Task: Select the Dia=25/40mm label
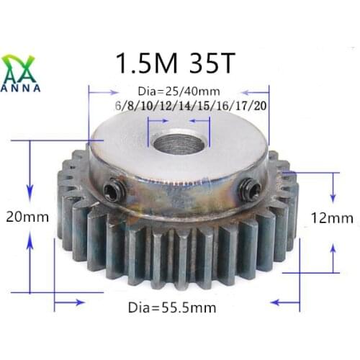click(178, 91)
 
